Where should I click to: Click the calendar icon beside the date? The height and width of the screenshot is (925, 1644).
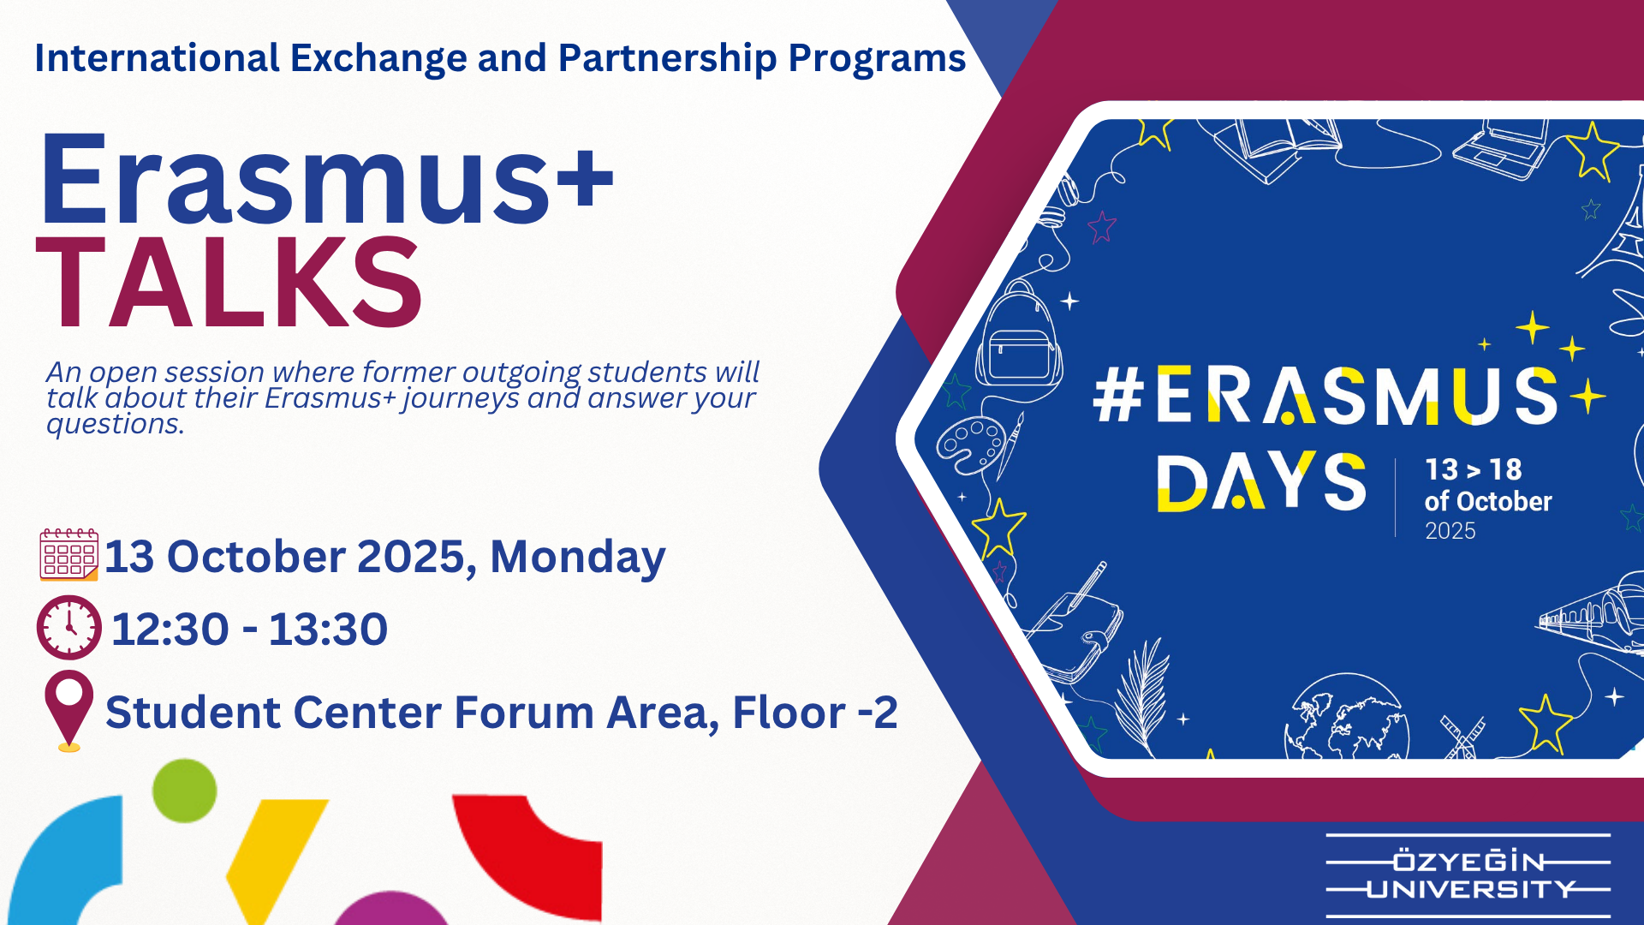[x=68, y=555]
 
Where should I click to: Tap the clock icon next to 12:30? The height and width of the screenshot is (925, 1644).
[x=69, y=627]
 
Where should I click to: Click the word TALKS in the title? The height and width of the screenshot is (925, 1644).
[x=229, y=283]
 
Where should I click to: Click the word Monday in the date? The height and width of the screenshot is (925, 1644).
[x=578, y=558]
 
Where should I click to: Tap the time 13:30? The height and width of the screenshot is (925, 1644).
[x=328, y=630]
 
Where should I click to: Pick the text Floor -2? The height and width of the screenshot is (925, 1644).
[x=815, y=713]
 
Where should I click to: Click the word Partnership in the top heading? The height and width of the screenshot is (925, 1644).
[x=668, y=59]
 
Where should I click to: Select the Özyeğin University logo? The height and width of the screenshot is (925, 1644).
[x=1468, y=875]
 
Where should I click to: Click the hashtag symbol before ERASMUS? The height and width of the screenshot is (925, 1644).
[x=1119, y=396]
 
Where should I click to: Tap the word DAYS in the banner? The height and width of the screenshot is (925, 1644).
[x=1261, y=482]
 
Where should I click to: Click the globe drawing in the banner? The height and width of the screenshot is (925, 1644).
[x=1346, y=718]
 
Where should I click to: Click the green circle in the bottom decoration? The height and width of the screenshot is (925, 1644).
[x=184, y=791]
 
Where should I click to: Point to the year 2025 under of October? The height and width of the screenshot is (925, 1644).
[x=1450, y=531]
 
